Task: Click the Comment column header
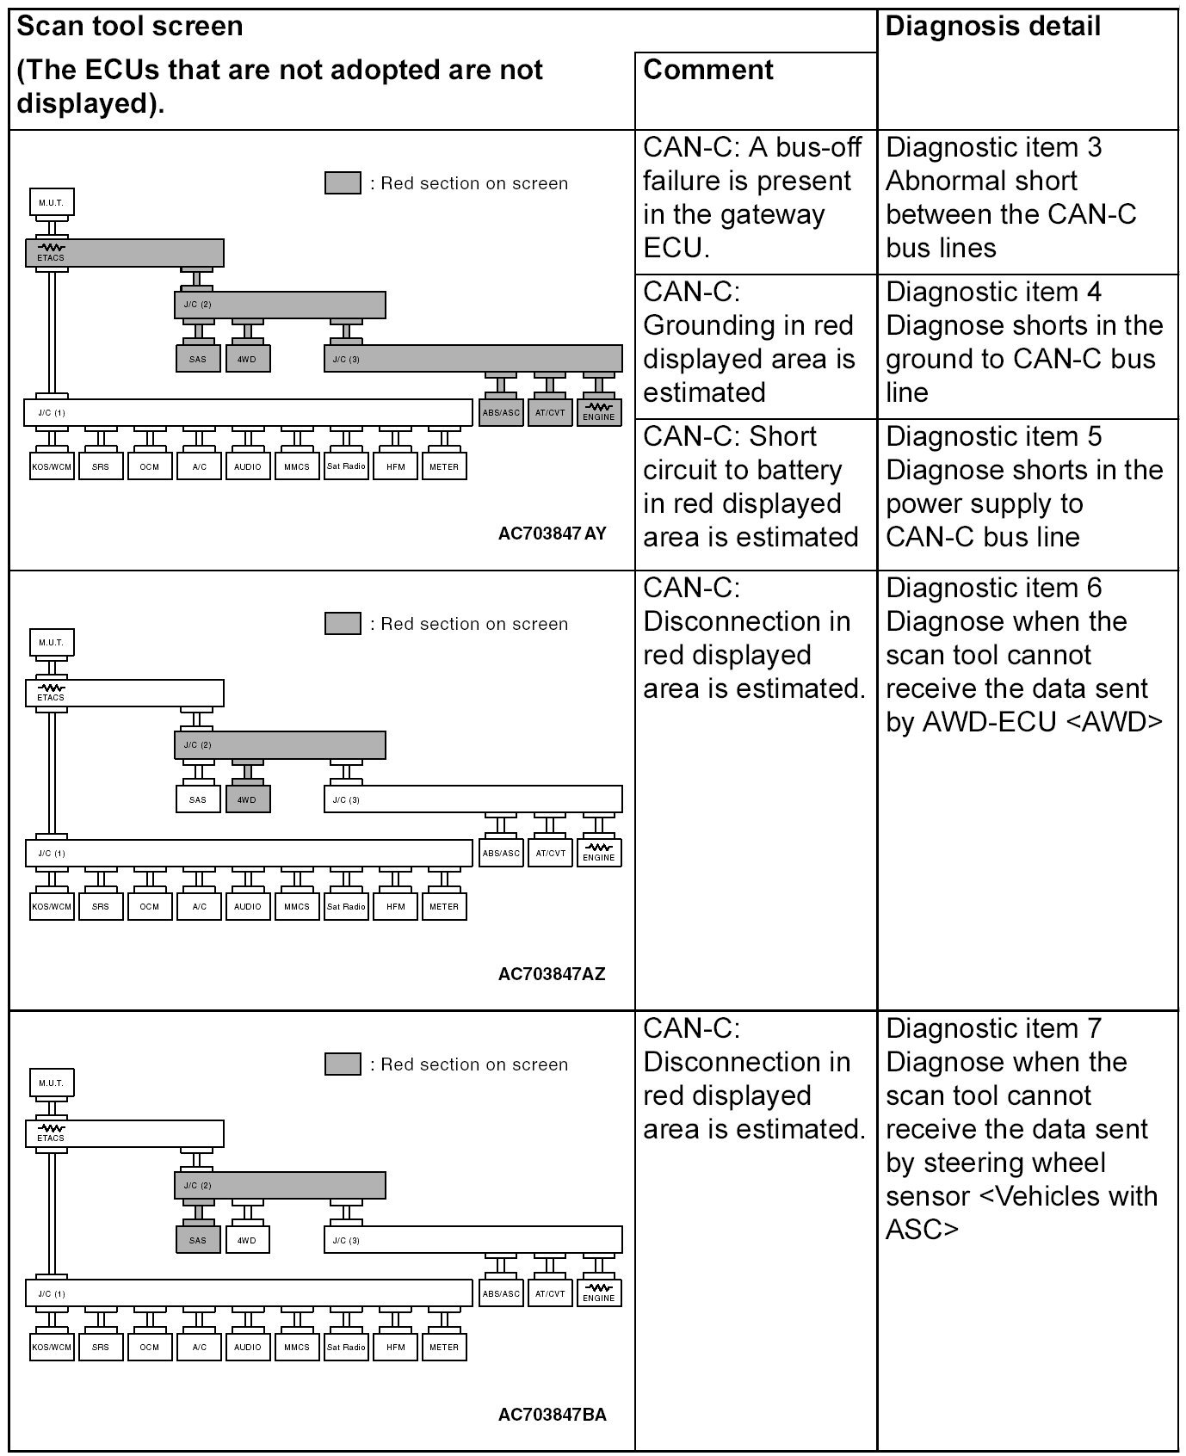point(708,71)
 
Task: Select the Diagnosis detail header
point(992,27)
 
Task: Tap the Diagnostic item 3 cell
point(1027,198)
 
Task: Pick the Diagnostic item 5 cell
point(1027,487)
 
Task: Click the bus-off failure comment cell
point(755,198)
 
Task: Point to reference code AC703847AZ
point(552,974)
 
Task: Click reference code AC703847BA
point(552,1415)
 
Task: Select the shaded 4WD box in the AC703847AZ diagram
point(247,799)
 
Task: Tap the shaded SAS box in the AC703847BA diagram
point(198,1240)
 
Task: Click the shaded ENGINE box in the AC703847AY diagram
point(599,412)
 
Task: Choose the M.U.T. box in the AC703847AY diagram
point(51,203)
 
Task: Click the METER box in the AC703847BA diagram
point(444,1348)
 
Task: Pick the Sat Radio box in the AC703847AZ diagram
point(346,907)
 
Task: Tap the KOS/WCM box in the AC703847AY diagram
point(51,467)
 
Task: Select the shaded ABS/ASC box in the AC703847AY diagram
point(501,412)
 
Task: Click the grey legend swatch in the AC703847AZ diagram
point(343,624)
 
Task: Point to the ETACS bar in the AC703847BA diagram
point(125,1133)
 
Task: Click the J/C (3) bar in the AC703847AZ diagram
point(473,799)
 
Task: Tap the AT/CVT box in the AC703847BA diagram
point(550,1293)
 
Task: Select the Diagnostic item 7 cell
point(1027,1127)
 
